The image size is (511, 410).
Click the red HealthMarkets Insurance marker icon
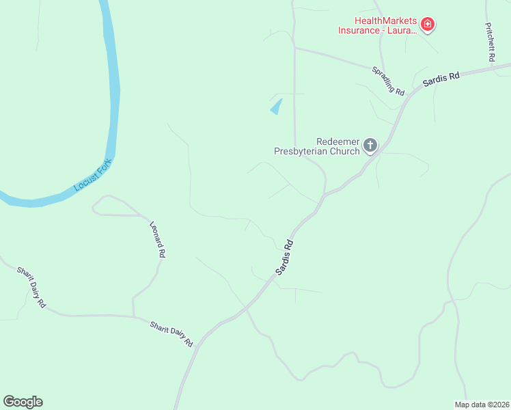[428, 25]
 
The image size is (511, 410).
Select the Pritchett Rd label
[489, 42]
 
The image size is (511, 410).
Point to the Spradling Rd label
[388, 81]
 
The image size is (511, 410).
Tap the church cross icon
[370, 145]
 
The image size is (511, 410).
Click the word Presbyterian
[307, 151]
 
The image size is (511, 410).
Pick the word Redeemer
[338, 141]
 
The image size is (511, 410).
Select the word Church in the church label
[345, 151]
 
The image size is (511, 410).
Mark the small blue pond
[277, 107]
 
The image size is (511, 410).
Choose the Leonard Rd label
[158, 238]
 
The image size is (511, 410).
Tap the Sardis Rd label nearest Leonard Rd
[286, 258]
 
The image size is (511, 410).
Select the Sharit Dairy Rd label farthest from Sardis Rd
[31, 287]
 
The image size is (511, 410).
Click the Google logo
[23, 402]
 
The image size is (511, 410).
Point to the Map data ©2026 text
[482, 403]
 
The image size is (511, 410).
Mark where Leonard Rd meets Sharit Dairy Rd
[133, 316]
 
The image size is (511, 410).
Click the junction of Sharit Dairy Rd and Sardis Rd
[199, 342]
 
